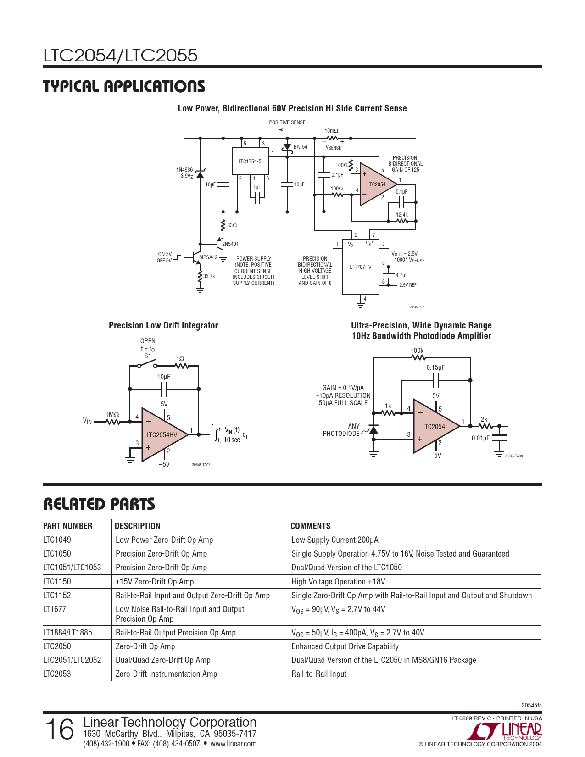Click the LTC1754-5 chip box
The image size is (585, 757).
[251, 161]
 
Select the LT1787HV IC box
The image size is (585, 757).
[361, 267]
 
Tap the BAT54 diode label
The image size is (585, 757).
[301, 147]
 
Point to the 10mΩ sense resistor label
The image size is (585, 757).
[331, 131]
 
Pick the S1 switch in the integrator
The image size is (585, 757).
[147, 364]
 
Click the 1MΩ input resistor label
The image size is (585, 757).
[112, 415]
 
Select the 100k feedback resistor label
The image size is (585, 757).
[417, 351]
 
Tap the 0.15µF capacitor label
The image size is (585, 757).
[435, 367]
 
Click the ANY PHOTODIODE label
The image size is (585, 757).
[341, 430]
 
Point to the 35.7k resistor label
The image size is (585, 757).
[209, 276]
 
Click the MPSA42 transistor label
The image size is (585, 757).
[208, 257]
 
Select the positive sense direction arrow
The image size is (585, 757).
[287, 130]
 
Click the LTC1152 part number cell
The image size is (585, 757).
[57, 596]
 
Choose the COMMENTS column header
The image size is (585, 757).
[311, 526]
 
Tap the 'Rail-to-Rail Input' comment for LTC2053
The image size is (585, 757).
[319, 674]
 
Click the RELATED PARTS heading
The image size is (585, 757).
[99, 504]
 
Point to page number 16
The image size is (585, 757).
[60, 729]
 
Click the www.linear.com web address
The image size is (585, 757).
[233, 744]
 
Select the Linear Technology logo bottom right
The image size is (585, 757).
[504, 731]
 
